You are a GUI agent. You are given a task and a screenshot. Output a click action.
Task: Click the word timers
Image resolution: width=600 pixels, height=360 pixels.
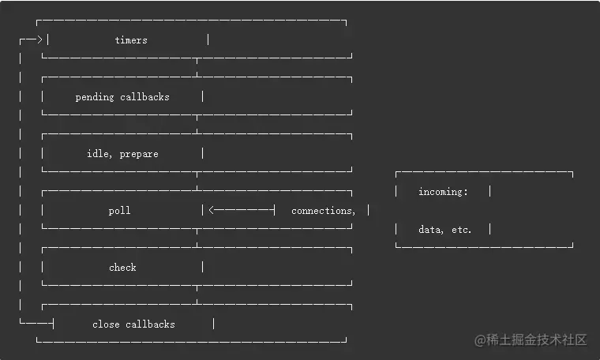tap(131, 40)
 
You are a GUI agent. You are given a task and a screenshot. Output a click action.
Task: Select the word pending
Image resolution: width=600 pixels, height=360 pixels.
tap(95, 97)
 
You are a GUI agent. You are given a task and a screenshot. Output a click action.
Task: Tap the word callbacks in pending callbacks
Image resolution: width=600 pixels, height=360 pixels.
tap(144, 97)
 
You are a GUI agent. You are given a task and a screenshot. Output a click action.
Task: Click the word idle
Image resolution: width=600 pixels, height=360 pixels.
tap(99, 154)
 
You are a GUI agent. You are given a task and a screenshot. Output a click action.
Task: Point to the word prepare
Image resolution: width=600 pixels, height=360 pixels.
tap(139, 154)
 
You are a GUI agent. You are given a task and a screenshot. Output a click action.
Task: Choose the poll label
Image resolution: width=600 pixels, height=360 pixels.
tap(120, 211)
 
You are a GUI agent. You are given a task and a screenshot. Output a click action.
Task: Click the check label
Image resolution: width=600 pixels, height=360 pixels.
tap(122, 268)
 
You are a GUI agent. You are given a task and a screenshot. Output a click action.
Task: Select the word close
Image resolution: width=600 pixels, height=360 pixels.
tap(106, 324)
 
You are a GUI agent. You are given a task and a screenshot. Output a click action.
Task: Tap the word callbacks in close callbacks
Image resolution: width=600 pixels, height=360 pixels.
tap(150, 324)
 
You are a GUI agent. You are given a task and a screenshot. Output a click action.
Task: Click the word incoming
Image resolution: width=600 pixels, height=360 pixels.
tap(443, 192)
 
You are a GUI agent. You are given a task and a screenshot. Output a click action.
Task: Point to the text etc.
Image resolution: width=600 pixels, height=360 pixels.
tap(459, 230)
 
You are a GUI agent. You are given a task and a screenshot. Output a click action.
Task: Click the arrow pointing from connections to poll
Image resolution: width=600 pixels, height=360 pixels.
tap(241, 211)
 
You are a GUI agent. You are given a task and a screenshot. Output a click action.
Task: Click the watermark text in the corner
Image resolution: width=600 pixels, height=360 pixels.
tap(531, 340)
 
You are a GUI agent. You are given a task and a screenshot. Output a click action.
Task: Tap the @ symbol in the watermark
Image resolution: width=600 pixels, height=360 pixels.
tap(479, 340)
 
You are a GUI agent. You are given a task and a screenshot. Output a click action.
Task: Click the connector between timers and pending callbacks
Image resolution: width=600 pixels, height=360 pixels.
tap(197, 68)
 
